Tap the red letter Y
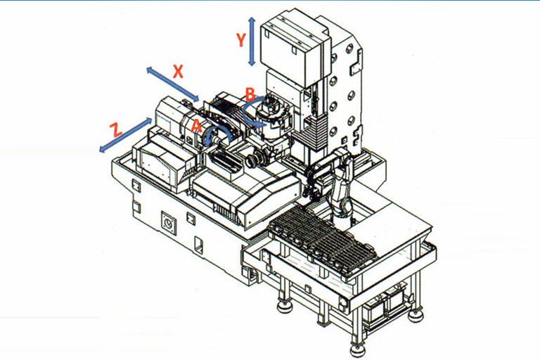coord(241,41)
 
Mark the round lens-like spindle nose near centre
coord(251,162)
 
